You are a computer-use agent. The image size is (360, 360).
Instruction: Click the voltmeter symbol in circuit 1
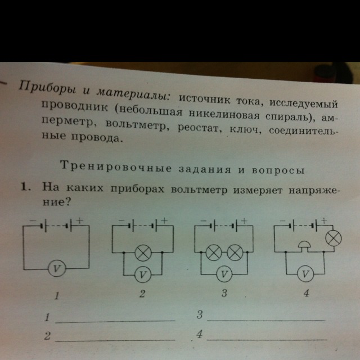coord(57,268)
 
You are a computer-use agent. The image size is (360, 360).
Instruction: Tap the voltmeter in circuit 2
coord(142,274)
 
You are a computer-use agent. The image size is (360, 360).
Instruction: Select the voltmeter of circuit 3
coord(224,274)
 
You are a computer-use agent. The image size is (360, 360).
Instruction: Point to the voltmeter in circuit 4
coord(305,274)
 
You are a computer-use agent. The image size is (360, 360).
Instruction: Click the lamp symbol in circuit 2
coord(143,253)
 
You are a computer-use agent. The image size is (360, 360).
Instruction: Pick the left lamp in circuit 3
coord(214,253)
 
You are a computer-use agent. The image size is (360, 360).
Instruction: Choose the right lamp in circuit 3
coord(235,253)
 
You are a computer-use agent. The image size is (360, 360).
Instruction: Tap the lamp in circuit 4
coord(334,238)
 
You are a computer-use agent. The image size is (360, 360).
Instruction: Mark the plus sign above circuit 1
coord(79,220)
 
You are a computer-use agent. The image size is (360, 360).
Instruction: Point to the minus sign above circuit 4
coord(283,220)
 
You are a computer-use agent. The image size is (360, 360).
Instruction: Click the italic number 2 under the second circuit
coord(142,294)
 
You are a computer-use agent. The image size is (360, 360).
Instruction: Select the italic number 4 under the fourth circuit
coord(306,292)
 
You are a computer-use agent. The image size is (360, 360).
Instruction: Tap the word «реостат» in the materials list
coord(199,128)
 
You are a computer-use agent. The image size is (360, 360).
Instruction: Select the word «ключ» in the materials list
coord(245,130)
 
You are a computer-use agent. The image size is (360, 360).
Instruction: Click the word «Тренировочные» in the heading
coord(116,166)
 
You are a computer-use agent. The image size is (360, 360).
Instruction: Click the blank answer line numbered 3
coord(266,320)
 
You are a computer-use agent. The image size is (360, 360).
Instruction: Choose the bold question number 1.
coord(25,187)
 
